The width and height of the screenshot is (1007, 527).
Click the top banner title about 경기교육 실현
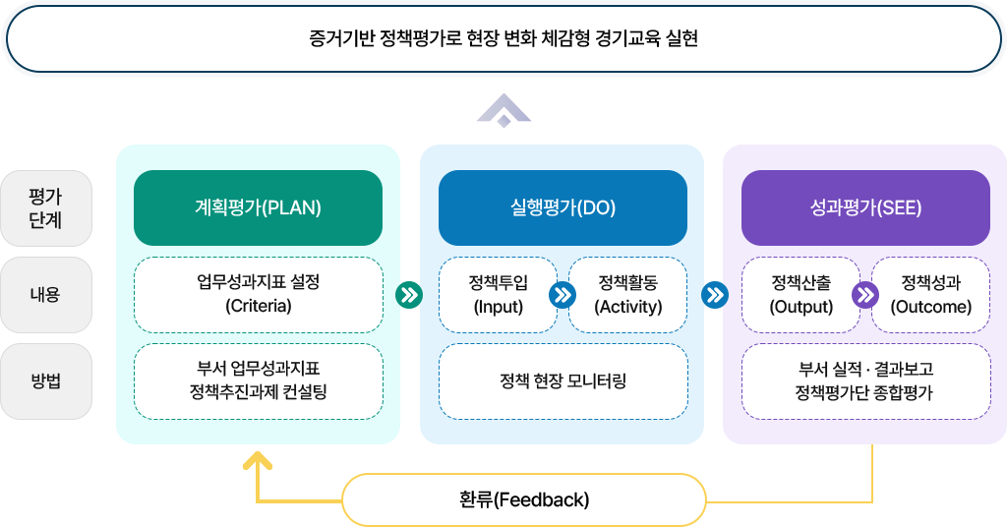[503, 39]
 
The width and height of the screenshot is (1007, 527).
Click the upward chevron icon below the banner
[503, 110]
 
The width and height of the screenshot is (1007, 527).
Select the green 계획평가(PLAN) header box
[258, 207]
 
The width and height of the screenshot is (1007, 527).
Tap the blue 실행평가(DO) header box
[563, 207]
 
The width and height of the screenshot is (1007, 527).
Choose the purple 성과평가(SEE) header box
[865, 207]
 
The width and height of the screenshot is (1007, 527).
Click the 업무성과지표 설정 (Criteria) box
[258, 294]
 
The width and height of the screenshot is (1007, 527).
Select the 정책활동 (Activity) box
[628, 294]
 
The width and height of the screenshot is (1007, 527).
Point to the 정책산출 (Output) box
[801, 294]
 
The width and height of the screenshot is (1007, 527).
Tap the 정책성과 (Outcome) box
[931, 294]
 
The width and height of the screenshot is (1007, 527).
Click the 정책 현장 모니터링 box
[563, 381]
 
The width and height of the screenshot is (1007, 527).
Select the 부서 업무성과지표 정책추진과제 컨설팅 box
[258, 381]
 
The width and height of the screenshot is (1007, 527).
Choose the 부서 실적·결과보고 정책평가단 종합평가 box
[865, 381]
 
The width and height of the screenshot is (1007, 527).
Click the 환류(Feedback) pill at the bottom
[524, 499]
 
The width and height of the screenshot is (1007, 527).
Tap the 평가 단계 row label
[45, 207]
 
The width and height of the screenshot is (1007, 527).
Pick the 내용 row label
[45, 294]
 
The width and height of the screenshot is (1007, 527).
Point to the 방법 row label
[45, 381]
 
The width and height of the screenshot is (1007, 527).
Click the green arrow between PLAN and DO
[409, 294]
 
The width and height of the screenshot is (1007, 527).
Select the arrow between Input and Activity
[563, 294]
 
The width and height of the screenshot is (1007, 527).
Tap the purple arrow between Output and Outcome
[865, 294]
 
